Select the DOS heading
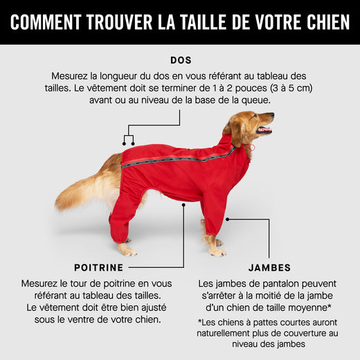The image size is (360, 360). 180,60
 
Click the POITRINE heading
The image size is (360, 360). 98,267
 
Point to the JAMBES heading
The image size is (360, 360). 269,267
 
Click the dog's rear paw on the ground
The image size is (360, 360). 126,250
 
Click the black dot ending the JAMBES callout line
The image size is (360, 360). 227,219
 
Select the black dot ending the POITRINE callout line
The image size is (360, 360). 183,205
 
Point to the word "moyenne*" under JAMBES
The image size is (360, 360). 307,307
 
